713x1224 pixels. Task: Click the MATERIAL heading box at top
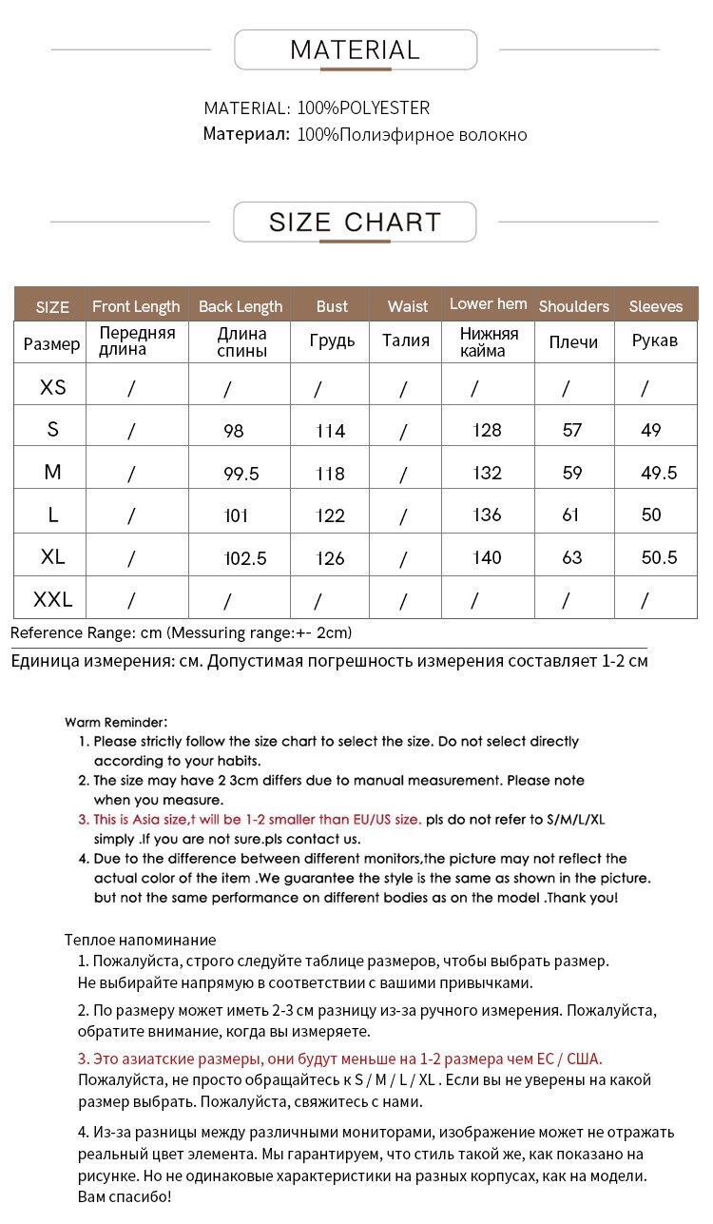coord(355,49)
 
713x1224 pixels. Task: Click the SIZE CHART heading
coord(355,222)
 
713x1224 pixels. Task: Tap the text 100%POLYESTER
coord(363,108)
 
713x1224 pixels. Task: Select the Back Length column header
coord(241,306)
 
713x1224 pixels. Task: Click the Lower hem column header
coord(488,304)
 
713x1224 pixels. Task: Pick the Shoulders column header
coord(573,306)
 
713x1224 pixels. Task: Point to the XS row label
coord(53,387)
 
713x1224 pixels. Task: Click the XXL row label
coord(53,599)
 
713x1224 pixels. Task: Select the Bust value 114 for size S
coord(330,431)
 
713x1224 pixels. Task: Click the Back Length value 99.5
coord(241,474)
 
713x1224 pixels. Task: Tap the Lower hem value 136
coord(487,515)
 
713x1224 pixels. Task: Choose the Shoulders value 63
coord(572,557)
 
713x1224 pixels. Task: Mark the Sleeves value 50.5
coord(659,557)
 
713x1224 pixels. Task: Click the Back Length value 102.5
coord(245,558)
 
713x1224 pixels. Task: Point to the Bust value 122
coord(330,515)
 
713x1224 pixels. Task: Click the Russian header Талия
coord(406,340)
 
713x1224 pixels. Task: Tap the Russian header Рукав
coord(654,340)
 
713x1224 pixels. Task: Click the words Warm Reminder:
coord(116,723)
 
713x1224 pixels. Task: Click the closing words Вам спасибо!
coord(125,1196)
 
